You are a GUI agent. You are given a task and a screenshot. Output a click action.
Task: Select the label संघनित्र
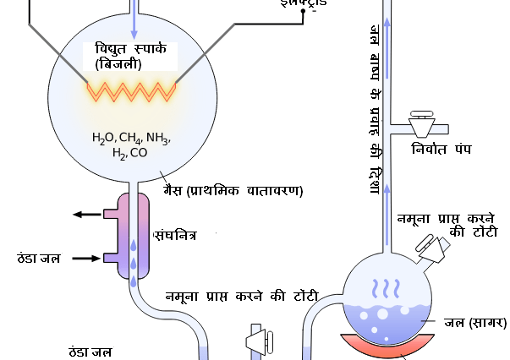click(x=176, y=234)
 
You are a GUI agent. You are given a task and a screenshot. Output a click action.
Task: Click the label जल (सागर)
click(x=476, y=322)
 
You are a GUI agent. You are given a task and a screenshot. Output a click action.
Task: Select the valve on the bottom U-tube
click(x=257, y=341)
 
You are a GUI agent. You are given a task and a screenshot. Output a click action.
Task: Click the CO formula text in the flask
click(x=139, y=153)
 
